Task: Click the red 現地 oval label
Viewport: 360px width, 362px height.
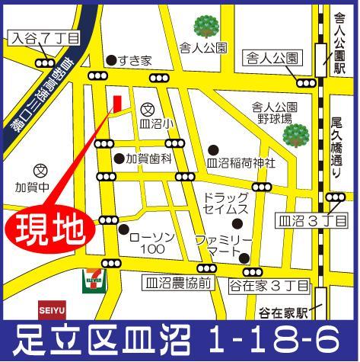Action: (49, 228)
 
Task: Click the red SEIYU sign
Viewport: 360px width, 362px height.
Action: (51, 309)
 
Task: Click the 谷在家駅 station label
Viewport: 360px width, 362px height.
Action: (284, 313)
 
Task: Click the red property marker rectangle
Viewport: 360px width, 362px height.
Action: (116, 104)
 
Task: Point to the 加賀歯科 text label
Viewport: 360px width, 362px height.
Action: (150, 159)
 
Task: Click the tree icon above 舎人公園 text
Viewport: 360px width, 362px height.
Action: (205, 28)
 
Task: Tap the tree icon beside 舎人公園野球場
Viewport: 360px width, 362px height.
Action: (295, 136)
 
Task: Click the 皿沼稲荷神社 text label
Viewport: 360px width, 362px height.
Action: (241, 162)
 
